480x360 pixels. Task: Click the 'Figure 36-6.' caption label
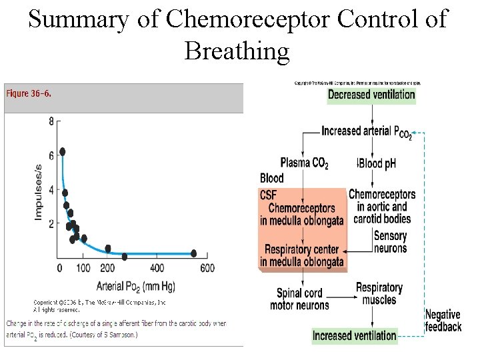click(29, 93)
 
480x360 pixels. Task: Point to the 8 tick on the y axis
click(51, 121)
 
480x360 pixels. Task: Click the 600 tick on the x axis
click(207, 268)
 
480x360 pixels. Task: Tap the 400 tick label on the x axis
click(157, 268)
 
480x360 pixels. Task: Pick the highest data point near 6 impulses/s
click(63, 151)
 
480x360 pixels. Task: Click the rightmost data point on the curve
click(193, 253)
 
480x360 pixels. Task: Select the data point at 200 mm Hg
click(108, 249)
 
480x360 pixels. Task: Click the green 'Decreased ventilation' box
click(371, 95)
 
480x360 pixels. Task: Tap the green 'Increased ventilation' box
click(355, 336)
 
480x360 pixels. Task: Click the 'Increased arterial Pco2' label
click(366, 132)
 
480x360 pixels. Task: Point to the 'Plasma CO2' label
click(304, 163)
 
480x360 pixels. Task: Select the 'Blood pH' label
click(377, 163)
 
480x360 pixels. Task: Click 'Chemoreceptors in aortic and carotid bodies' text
click(382, 207)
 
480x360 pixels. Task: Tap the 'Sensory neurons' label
click(390, 242)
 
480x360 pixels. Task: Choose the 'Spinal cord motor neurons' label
click(299, 299)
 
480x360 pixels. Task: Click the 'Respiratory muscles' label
click(379, 293)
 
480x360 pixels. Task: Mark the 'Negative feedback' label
click(443, 321)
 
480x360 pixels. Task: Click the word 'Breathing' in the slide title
click(237, 50)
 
